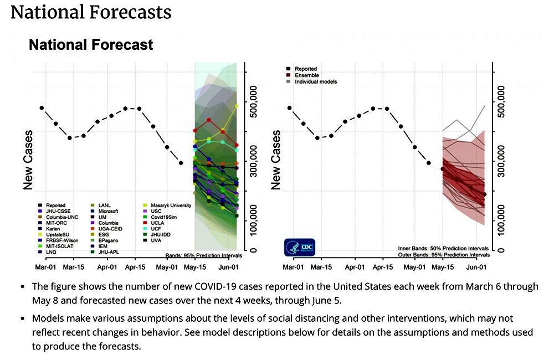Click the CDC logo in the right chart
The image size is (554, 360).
click(299, 247)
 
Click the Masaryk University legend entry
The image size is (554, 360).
click(171, 205)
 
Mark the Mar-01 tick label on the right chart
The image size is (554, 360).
click(294, 266)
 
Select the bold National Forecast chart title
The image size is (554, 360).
click(91, 44)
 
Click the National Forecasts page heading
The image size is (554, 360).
click(91, 12)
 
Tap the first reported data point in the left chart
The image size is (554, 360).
click(42, 107)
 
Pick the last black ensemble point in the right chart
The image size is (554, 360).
click(485, 194)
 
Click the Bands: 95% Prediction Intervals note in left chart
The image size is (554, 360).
click(205, 255)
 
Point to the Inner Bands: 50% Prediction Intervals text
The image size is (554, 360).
click(444, 249)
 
